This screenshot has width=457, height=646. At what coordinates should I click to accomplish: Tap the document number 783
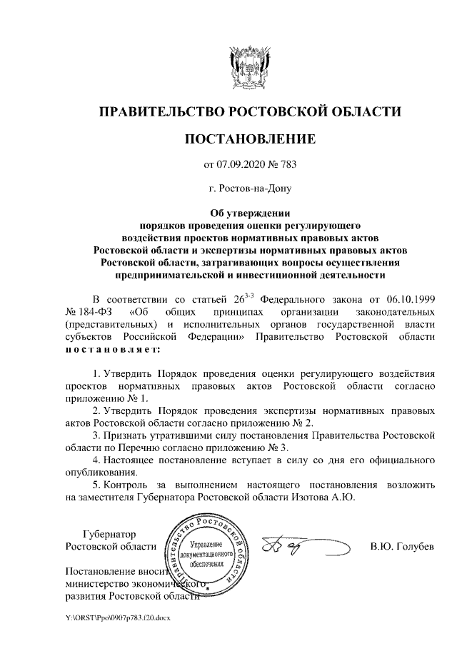tap(287, 165)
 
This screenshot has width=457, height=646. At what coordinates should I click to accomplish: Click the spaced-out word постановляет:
tap(114, 349)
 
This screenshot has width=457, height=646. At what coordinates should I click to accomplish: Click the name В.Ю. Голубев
tap(402, 547)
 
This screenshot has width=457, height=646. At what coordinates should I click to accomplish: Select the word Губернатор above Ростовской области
tap(109, 535)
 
